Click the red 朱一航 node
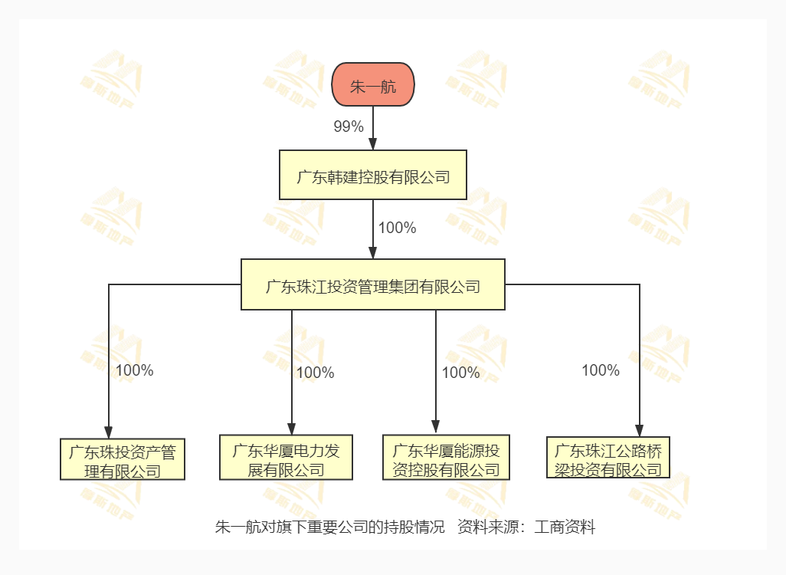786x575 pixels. coord(373,84)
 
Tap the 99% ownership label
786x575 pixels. coord(349,127)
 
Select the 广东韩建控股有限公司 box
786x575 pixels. coord(373,175)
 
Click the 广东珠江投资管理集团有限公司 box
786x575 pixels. coord(373,284)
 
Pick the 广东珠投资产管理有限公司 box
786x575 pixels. coord(123,459)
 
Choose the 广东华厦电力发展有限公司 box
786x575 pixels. coord(286,457)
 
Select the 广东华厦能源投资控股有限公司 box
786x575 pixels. coord(446,457)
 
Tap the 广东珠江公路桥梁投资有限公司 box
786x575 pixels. coord(608,457)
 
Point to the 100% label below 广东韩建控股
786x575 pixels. coord(397,228)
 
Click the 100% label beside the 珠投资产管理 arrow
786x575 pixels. coord(134,370)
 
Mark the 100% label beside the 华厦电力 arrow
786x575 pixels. coord(316,373)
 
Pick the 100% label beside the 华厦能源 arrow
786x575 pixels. coord(460,373)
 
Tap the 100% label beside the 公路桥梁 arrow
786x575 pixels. coord(601,370)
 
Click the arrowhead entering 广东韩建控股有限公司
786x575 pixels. coord(373,143)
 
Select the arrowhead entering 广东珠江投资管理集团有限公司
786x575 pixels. coord(373,252)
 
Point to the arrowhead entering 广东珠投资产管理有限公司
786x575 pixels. coord(109,432)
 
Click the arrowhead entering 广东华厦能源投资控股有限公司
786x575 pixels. coord(436,426)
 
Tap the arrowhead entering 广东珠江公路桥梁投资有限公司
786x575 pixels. coord(639,430)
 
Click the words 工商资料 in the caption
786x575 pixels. coord(565,527)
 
